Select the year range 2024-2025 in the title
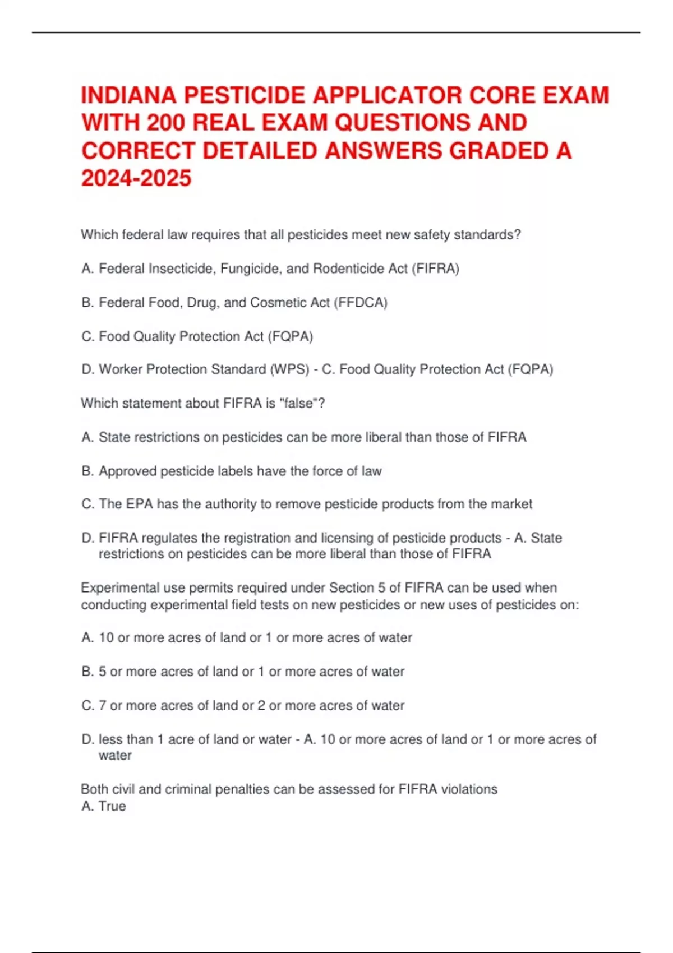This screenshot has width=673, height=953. click(x=136, y=178)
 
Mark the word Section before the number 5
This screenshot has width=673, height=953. click(x=352, y=587)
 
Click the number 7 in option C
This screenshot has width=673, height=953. click(x=102, y=705)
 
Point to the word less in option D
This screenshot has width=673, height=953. click(x=110, y=739)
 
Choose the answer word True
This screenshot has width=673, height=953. click(x=112, y=806)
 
